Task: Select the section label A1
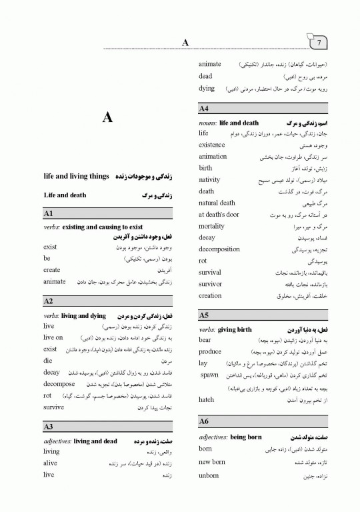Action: pyautogui.click(x=49, y=213)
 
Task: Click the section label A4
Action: pyautogui.click(x=205, y=108)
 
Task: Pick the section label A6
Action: pyautogui.click(x=205, y=421)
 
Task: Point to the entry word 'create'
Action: pyautogui.click(x=52, y=270)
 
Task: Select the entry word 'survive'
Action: pyautogui.click(x=54, y=406)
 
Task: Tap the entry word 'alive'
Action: pyautogui.click(x=51, y=463)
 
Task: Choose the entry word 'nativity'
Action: pyautogui.click(x=211, y=179)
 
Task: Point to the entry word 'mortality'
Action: pyautogui.click(x=213, y=226)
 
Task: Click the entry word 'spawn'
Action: pyautogui.click(x=211, y=375)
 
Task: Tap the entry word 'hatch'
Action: pyautogui.click(x=207, y=399)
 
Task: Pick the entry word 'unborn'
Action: pyautogui.click(x=209, y=475)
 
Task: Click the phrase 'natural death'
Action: pyautogui.click(x=217, y=203)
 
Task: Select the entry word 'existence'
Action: pyautogui.click(x=212, y=145)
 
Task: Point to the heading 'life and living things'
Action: pyautogui.click(x=75, y=176)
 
